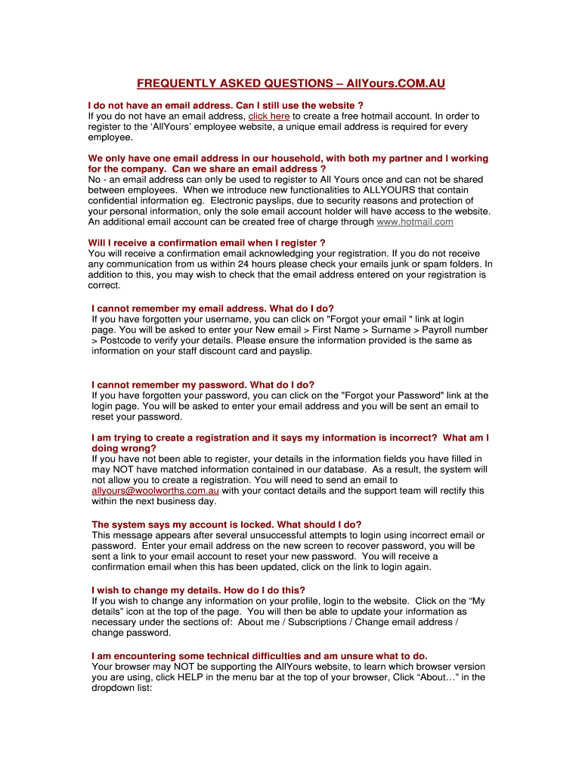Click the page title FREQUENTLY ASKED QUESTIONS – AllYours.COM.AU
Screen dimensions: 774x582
(x=291, y=83)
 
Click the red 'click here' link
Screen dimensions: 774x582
(x=269, y=116)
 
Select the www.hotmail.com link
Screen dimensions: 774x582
(x=415, y=222)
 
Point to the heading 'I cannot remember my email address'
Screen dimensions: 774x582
(x=212, y=308)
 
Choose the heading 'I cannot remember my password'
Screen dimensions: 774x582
(x=203, y=385)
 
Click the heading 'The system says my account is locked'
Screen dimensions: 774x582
(x=226, y=524)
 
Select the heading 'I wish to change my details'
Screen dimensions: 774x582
(x=198, y=590)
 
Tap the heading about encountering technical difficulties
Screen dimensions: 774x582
(x=259, y=655)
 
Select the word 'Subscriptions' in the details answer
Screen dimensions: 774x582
(x=311, y=622)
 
